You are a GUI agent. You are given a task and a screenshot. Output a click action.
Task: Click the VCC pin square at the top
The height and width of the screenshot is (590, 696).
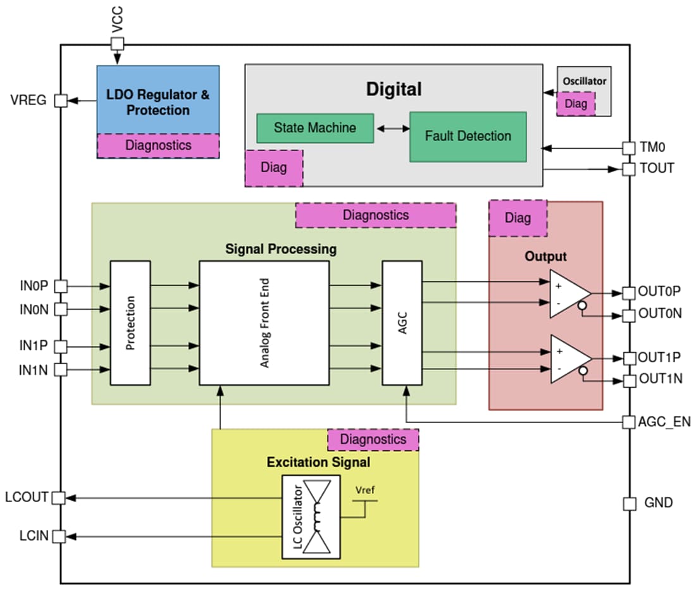pos(117,44)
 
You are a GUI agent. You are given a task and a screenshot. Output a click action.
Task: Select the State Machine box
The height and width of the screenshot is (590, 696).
pos(314,128)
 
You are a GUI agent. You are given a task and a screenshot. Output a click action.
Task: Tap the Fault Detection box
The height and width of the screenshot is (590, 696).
pos(468,136)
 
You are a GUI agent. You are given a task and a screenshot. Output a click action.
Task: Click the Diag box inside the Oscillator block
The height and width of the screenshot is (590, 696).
pos(576,104)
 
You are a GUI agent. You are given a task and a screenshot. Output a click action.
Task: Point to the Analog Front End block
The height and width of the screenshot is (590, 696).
pos(264,323)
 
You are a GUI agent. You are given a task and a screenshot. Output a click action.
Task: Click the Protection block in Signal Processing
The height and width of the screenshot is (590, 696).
pos(130,323)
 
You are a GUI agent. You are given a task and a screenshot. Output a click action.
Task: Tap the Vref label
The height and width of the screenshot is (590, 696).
pos(365,490)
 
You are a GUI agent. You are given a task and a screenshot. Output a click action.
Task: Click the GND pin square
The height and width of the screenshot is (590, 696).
pos(629,503)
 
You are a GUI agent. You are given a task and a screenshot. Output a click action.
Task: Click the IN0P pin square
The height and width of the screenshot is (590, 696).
pos(60,286)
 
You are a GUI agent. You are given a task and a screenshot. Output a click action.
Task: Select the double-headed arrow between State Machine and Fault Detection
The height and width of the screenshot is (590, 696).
pos(392,128)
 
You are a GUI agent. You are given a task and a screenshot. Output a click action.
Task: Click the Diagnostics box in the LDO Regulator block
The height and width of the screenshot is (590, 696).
pos(158,145)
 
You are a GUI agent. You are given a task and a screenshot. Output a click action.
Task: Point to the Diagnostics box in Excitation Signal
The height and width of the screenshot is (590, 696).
pos(373,439)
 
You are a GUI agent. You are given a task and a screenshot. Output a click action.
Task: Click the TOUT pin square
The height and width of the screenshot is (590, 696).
pos(629,169)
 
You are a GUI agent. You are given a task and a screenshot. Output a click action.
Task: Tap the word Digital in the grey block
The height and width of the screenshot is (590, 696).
pos(394,89)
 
